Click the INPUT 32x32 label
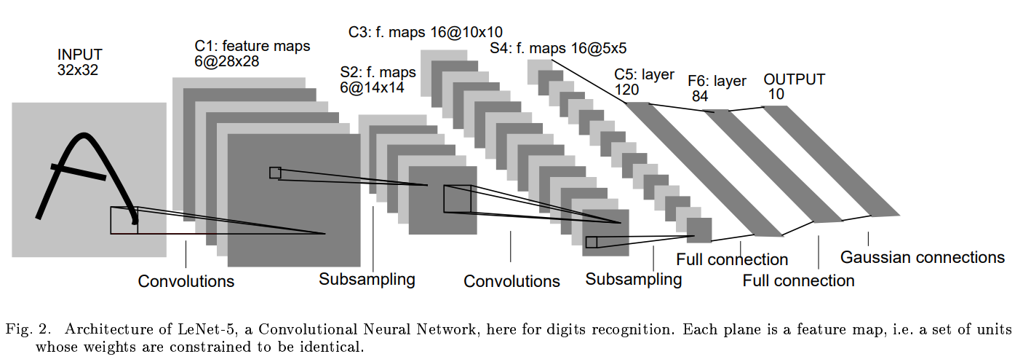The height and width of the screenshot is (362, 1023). click(80, 63)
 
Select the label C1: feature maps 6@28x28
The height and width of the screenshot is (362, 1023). click(252, 54)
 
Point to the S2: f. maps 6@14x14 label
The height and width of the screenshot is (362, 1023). click(378, 79)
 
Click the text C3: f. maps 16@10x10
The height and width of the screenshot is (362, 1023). click(426, 31)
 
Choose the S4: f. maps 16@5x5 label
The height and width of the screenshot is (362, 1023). click(558, 49)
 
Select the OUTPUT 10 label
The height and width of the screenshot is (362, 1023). click(794, 87)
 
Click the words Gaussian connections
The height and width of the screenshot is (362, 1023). click(922, 257)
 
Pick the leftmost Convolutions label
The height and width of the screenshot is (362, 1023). click(186, 281)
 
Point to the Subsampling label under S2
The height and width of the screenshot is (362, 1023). click(367, 279)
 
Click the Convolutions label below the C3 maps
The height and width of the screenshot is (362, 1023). click(511, 281)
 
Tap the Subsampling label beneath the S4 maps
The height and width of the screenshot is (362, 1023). click(634, 279)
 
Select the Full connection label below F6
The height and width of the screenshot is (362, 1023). click(798, 280)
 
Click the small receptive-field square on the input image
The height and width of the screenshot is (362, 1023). click(123, 220)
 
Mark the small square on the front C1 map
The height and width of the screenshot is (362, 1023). click(275, 173)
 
